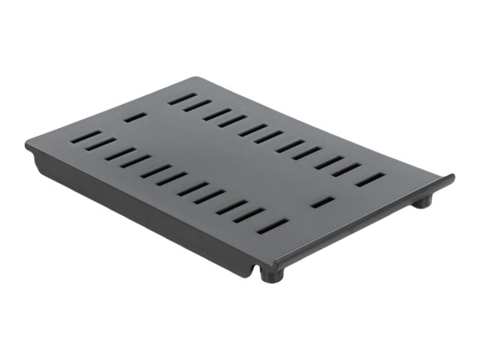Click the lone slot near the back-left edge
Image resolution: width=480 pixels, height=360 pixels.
135,117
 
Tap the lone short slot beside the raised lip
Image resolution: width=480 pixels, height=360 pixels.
322,202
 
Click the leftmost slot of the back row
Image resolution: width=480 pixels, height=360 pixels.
181,98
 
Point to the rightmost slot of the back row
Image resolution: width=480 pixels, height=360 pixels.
370,180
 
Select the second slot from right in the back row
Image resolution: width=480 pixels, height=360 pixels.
346,169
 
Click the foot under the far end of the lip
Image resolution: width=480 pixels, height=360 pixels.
424,201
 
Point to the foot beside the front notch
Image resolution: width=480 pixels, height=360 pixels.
270,274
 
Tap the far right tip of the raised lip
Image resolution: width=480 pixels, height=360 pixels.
451,178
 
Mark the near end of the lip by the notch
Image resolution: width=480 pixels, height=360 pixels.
277,264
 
